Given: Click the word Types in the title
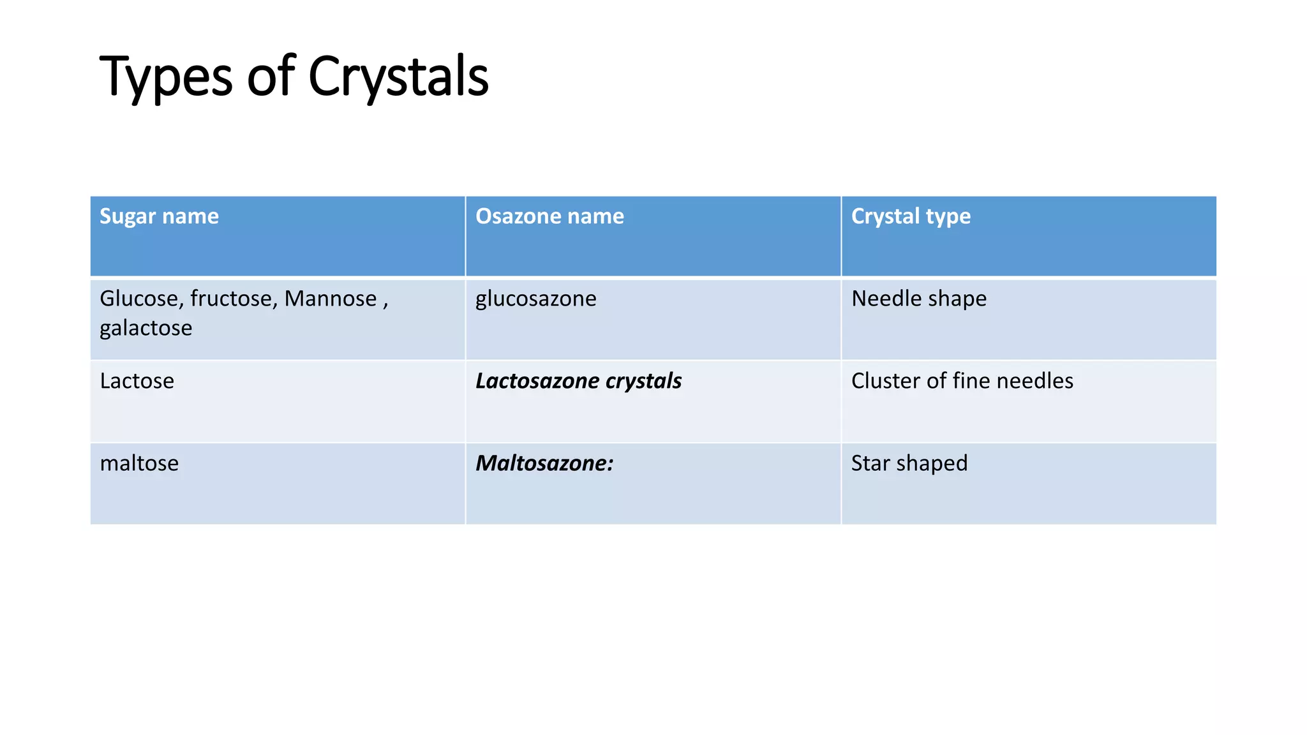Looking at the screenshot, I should tap(165, 77).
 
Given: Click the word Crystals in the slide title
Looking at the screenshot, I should tap(398, 77).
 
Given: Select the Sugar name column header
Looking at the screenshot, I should tap(159, 216).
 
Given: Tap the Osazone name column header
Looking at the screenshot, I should tap(549, 216).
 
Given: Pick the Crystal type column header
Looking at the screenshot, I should tap(911, 216).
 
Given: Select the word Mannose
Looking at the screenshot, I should tap(331, 299).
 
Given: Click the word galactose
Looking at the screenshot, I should tap(146, 328).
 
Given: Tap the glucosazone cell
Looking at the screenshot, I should tap(535, 299).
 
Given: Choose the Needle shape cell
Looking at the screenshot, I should tap(918, 299).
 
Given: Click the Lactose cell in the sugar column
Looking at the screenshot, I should tap(137, 381).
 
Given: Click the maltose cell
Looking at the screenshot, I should tap(139, 463).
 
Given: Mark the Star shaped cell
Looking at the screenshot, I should tap(909, 463).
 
